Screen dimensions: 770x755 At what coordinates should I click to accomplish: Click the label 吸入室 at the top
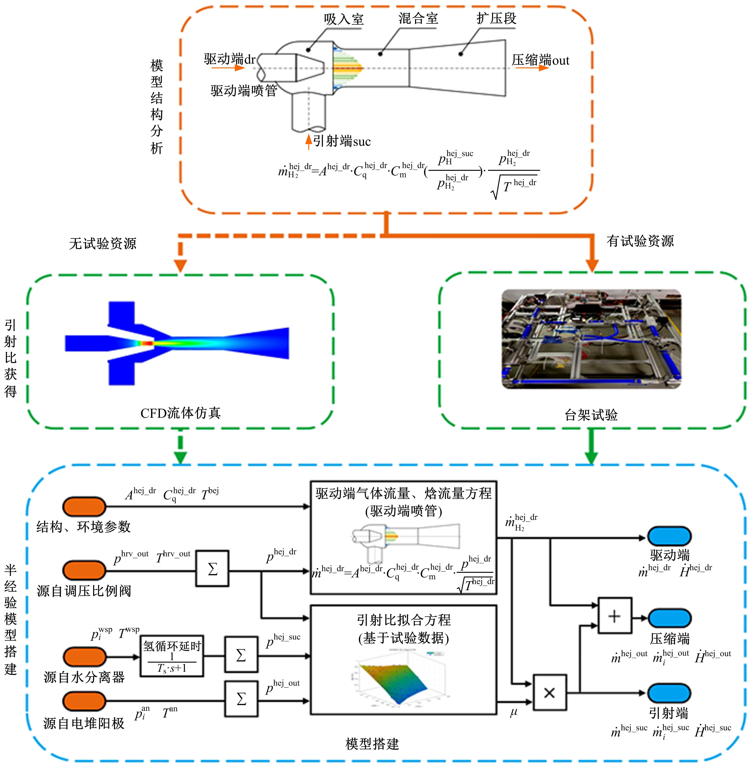343,19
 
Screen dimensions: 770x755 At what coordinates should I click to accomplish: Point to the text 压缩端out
540,60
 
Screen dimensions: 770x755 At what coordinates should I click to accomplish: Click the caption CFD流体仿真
180,413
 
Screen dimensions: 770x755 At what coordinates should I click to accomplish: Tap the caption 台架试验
591,415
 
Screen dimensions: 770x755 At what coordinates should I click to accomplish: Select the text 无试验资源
103,243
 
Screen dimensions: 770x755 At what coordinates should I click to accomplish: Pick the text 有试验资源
640,241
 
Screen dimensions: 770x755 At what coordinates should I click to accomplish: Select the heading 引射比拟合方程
404,620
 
